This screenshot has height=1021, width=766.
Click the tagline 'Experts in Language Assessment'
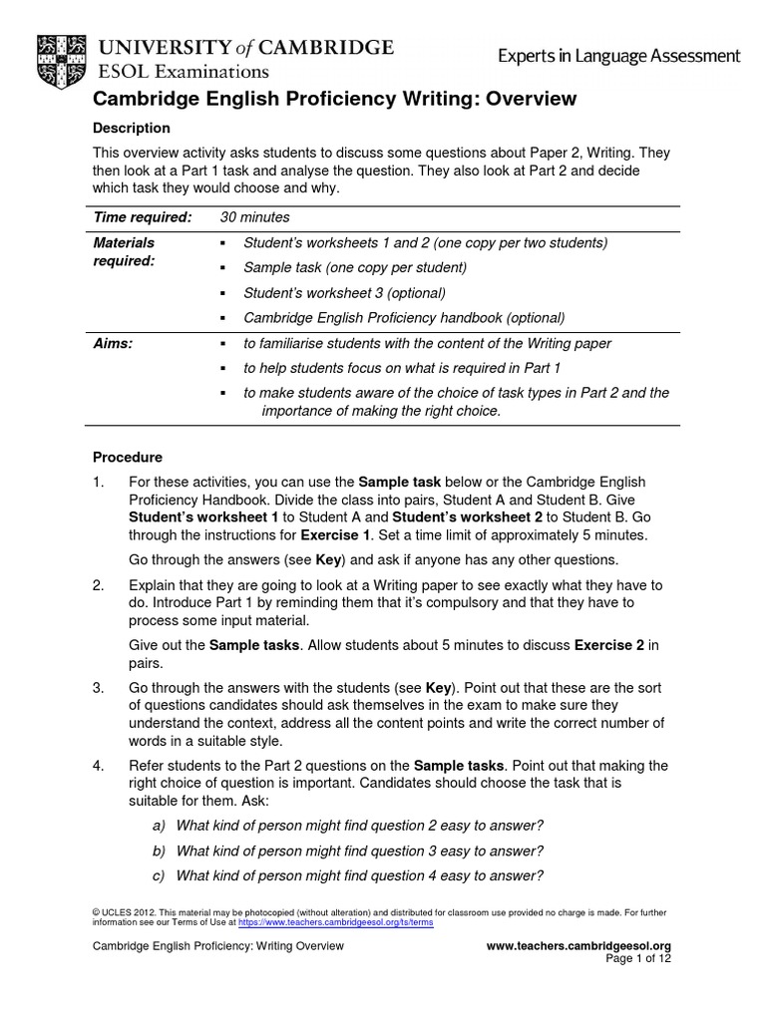click(619, 57)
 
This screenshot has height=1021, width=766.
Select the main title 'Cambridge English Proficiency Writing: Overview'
click(334, 99)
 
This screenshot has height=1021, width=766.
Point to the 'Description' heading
click(131, 129)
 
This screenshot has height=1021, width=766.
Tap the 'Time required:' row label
click(142, 217)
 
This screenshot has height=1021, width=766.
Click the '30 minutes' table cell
click(254, 217)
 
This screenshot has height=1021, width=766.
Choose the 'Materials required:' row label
click(124, 251)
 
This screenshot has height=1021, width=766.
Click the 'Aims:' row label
click(113, 343)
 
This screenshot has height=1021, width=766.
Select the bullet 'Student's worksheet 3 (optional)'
click(344, 293)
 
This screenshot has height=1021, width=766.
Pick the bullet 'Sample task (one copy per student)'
click(354, 268)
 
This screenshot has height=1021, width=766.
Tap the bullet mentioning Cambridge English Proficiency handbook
click(404, 318)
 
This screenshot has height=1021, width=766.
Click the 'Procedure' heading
click(127, 458)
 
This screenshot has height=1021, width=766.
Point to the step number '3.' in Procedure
click(99, 689)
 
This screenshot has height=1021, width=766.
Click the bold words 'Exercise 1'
click(337, 534)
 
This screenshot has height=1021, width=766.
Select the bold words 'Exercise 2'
click(609, 645)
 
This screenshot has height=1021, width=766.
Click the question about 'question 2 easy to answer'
click(359, 826)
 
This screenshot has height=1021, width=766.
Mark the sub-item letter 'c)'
click(159, 876)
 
